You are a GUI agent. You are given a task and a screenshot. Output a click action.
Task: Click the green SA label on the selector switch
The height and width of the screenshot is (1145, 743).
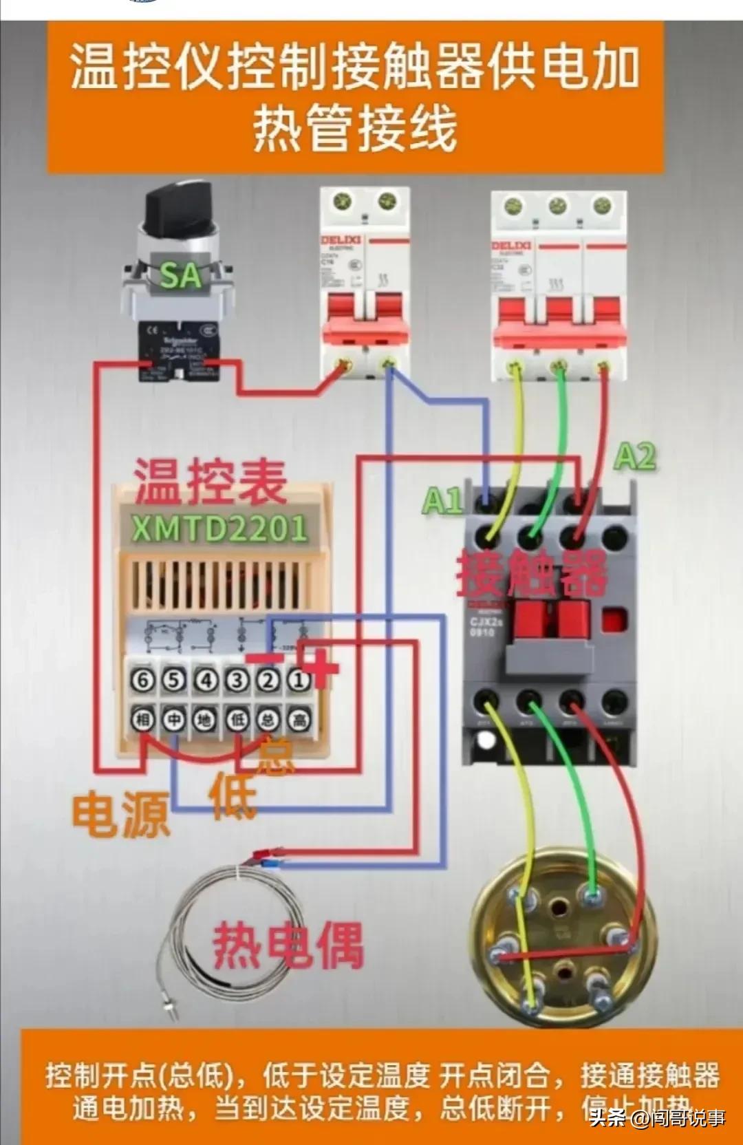(x=180, y=275)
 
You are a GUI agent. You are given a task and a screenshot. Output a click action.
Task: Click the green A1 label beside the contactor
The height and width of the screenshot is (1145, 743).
(x=442, y=500)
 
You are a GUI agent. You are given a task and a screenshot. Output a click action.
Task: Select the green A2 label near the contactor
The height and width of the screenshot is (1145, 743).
(x=634, y=457)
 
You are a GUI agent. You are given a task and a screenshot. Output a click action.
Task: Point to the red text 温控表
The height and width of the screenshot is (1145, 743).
(x=210, y=482)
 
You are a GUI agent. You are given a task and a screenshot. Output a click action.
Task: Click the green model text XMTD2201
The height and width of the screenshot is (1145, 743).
(x=219, y=528)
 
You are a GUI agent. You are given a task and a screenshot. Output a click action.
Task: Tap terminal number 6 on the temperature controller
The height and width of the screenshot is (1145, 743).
(x=142, y=681)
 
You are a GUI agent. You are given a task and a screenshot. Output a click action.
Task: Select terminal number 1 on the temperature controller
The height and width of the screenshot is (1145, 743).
(x=299, y=681)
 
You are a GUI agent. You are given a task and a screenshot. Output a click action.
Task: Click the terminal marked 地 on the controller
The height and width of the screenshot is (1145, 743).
(x=205, y=719)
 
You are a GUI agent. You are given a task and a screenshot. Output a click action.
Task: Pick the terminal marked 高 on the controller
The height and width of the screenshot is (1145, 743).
(x=299, y=719)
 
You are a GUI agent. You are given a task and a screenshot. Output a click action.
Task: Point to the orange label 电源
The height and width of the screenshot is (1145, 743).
(x=121, y=815)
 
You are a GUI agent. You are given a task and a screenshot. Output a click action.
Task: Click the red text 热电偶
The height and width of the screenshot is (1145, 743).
(x=288, y=945)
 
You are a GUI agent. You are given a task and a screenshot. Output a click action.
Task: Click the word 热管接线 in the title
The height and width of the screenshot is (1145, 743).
(x=355, y=129)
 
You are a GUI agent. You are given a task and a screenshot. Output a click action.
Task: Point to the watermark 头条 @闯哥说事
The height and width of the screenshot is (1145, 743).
(x=657, y=1118)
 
